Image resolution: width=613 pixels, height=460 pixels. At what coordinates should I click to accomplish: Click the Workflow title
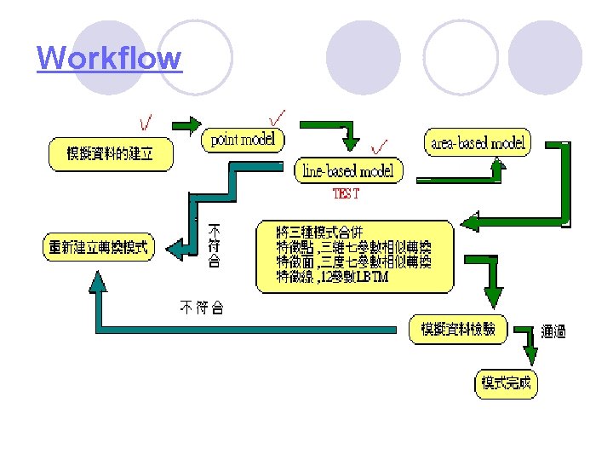click(109, 59)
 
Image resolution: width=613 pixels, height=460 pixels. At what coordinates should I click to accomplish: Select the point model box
click(243, 139)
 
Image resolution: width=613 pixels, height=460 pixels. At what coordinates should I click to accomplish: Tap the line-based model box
click(349, 170)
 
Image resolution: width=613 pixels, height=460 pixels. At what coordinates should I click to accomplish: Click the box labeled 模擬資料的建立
click(110, 154)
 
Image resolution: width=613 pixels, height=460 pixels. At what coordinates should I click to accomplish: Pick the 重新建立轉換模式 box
click(99, 248)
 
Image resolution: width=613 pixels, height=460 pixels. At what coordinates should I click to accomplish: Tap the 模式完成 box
click(506, 383)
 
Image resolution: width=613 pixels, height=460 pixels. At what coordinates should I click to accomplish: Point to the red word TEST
click(346, 193)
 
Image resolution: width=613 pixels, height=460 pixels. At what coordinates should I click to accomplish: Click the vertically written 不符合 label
click(215, 246)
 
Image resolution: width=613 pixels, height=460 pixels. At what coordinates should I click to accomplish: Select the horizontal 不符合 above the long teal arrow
click(201, 308)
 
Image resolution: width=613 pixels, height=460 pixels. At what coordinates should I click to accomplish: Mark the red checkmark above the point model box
click(277, 115)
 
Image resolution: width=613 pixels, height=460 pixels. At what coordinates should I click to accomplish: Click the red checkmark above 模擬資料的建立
click(147, 124)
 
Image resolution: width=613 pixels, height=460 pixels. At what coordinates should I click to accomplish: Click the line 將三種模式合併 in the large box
click(318, 232)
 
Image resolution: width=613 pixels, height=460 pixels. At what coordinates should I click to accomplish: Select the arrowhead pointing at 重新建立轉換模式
click(175, 248)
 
